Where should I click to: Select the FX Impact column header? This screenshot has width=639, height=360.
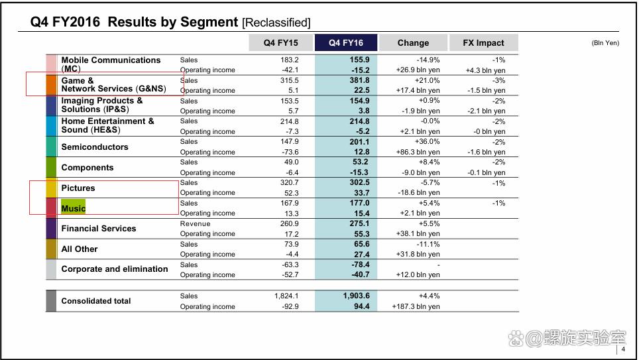pos(483,43)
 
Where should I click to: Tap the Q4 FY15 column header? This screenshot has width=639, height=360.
pos(280,43)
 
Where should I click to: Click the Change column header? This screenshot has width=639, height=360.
pos(413,43)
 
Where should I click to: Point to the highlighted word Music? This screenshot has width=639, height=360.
pos(74,208)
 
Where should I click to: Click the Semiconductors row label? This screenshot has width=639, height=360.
pos(95,147)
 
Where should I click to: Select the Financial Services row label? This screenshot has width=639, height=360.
pos(99,229)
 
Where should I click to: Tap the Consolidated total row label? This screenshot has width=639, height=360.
pos(96,301)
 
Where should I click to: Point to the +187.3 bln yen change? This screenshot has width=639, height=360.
pos(416,306)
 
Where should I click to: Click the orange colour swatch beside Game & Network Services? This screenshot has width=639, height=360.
pos(52,85)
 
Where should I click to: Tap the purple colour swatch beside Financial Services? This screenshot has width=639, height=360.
pos(52,229)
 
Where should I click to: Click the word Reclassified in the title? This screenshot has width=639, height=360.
pos(276,23)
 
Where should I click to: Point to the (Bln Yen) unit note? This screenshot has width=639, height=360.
pos(605,43)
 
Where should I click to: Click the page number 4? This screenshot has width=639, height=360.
pos(623,350)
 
